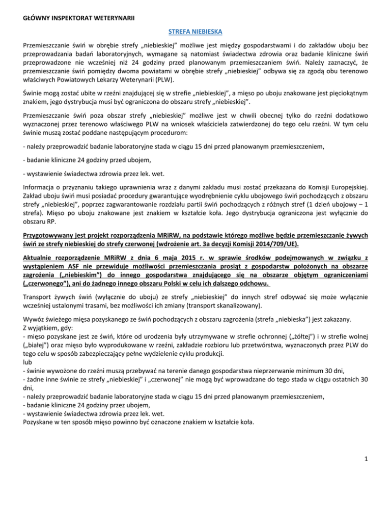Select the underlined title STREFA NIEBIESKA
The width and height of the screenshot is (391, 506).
click(195, 32)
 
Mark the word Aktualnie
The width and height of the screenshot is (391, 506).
click(42, 251)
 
